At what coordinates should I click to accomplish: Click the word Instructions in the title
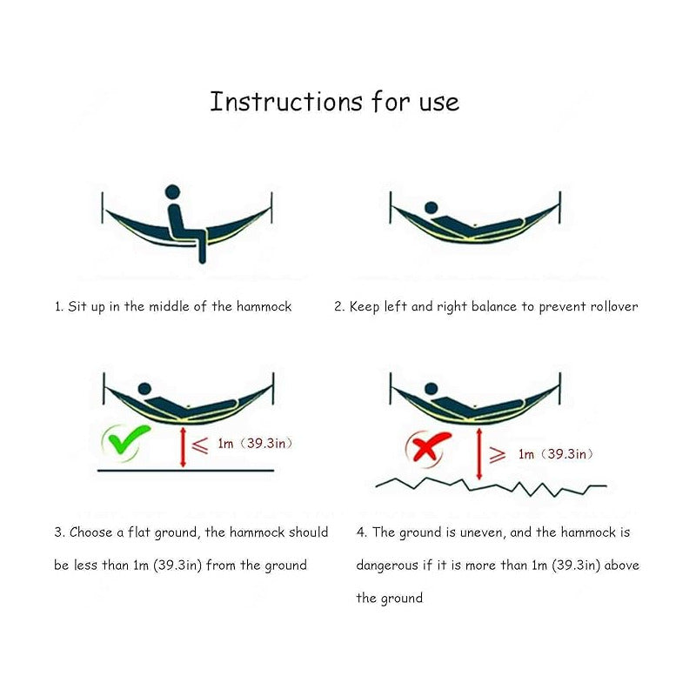[286, 102]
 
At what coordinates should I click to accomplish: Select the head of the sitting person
[172, 192]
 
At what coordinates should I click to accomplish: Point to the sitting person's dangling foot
[203, 258]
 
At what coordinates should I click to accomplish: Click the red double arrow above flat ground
[183, 447]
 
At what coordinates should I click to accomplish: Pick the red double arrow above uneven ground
[479, 454]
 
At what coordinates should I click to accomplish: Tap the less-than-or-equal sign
[200, 445]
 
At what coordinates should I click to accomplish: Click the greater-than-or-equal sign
[497, 455]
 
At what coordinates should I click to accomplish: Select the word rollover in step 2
[614, 307]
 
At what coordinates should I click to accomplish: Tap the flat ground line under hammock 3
[185, 470]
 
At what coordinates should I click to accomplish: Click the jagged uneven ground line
[491, 486]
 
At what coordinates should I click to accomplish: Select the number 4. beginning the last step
[361, 532]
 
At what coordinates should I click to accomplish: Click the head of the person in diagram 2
[431, 208]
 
